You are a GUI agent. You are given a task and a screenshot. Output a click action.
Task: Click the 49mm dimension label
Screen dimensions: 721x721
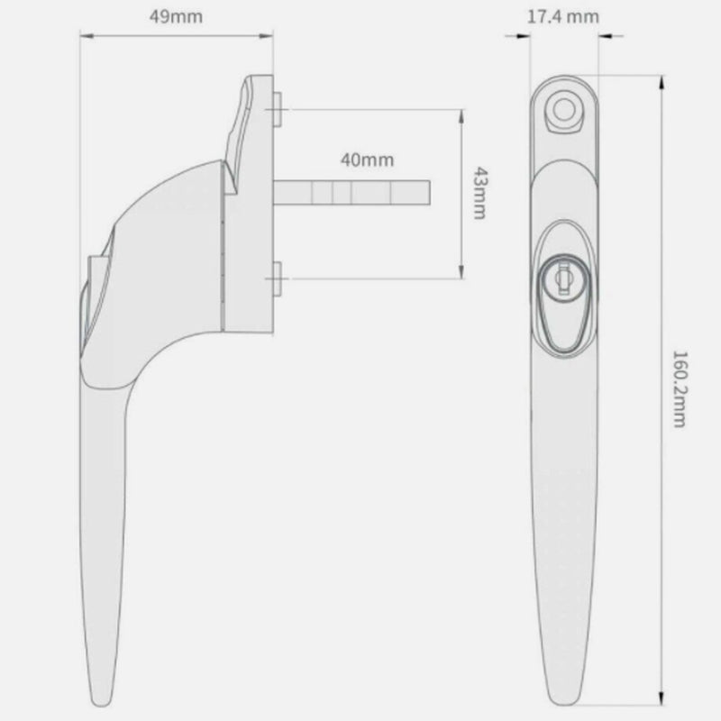coord(177,16)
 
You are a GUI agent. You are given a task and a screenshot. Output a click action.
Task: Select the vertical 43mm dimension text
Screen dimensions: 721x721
coord(479,193)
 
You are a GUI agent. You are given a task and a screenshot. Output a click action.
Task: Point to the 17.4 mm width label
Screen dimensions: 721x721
coord(563,16)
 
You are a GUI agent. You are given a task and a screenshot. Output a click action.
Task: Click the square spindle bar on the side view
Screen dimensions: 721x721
coord(351,193)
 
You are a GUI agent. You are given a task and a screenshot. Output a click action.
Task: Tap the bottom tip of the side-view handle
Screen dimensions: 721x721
coord(98,701)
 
